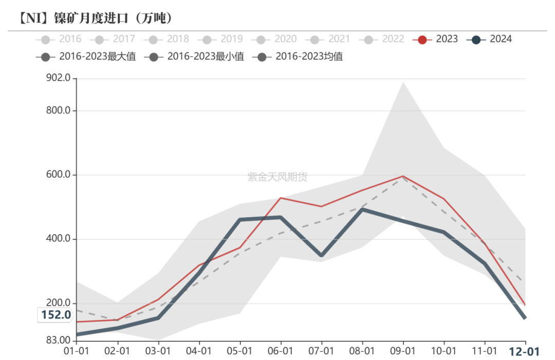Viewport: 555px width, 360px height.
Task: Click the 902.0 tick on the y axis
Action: click(x=58, y=79)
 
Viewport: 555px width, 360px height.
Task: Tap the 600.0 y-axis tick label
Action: click(x=58, y=175)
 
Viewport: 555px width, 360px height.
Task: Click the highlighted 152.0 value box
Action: click(x=55, y=315)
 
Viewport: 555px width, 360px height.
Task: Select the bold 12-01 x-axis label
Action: click(x=524, y=352)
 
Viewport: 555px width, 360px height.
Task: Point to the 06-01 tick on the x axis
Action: click(x=281, y=352)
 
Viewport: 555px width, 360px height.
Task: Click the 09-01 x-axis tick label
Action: click(x=403, y=352)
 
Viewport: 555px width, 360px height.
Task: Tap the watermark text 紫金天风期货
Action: click(x=277, y=177)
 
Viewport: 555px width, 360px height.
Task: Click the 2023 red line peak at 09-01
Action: click(x=403, y=176)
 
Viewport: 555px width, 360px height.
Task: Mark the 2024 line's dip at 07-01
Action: click(x=322, y=255)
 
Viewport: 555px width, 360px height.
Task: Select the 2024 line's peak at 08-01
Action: click(x=362, y=210)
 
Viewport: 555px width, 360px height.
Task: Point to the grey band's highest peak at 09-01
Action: click(x=403, y=82)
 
